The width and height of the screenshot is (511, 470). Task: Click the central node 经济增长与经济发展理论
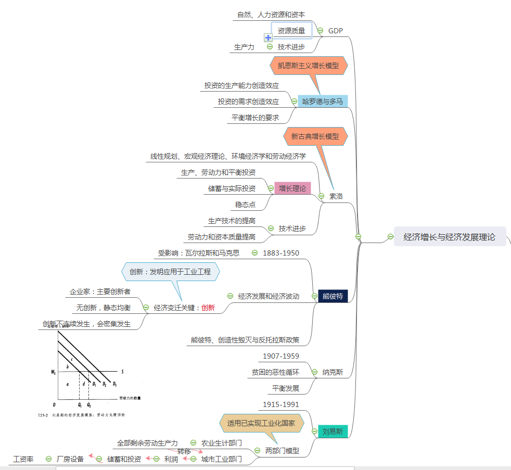tap(450, 237)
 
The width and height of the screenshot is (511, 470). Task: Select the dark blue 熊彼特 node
tap(333, 296)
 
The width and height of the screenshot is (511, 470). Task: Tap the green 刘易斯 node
tap(333, 431)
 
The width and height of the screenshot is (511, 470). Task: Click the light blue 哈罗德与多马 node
tap(323, 101)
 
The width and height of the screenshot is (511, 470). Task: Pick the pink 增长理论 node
tap(292, 188)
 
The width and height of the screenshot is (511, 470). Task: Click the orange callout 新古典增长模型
tap(315, 136)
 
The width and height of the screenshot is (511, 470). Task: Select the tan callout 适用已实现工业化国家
tap(261, 423)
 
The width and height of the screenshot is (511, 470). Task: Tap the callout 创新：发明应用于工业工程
tap(170, 272)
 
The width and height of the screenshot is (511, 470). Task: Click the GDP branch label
tap(336, 30)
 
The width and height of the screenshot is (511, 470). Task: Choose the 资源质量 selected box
tap(291, 30)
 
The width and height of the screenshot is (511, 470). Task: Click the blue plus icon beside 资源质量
tap(269, 37)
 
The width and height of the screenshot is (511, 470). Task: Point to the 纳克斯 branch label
tap(333, 372)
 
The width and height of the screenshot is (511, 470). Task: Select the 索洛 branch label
tap(336, 197)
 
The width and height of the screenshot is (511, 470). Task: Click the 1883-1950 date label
tap(281, 253)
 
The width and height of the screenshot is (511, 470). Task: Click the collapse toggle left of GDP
tap(321, 30)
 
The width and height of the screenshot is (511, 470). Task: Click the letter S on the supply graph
tap(122, 372)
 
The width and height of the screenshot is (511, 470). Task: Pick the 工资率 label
tap(23, 459)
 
